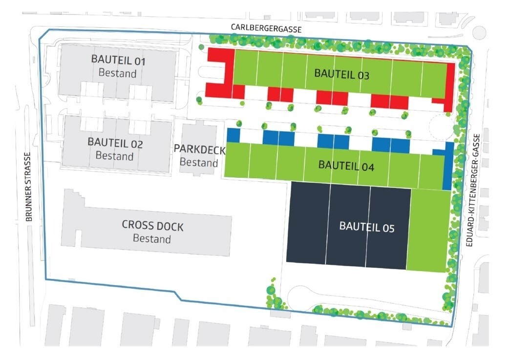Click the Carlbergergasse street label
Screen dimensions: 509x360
click(x=266, y=28)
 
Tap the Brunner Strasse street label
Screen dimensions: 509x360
click(x=28, y=187)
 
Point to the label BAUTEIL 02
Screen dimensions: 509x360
click(x=115, y=143)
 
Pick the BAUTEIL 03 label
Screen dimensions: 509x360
click(x=342, y=74)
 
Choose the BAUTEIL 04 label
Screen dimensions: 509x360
click(x=346, y=166)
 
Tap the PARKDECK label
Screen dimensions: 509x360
click(x=200, y=149)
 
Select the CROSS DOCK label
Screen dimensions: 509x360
click(x=152, y=226)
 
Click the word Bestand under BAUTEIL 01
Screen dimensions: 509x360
click(x=118, y=73)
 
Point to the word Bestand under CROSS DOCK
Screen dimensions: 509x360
click(x=152, y=238)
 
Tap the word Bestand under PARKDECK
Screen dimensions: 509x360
click(x=199, y=162)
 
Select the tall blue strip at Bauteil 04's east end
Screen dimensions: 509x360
click(x=448, y=166)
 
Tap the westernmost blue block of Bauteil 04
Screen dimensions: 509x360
click(x=233, y=135)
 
